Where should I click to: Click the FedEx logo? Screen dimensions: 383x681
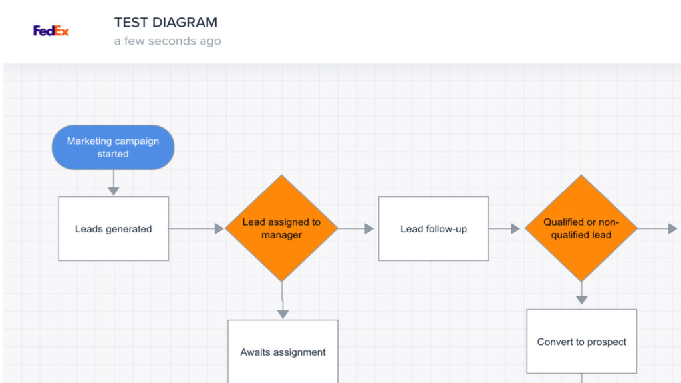pyautogui.click(x=51, y=31)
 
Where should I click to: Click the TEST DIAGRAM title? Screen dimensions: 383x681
pyautogui.click(x=166, y=22)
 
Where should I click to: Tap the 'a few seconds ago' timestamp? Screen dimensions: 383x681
pyautogui.click(x=167, y=41)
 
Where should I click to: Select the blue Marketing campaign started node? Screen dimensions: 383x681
pyautogui.click(x=113, y=147)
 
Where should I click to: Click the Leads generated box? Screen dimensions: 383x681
pyautogui.click(x=113, y=228)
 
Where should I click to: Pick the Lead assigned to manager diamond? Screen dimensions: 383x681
pyautogui.click(x=281, y=228)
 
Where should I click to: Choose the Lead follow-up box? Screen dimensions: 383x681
pyautogui.click(x=433, y=228)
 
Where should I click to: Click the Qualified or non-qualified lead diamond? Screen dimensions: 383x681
pyautogui.click(x=581, y=228)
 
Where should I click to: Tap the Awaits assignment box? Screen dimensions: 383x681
pyautogui.click(x=283, y=352)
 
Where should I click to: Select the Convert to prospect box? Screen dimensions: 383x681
pyautogui.click(x=581, y=341)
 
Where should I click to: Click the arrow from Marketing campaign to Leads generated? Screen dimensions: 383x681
pyautogui.click(x=113, y=183)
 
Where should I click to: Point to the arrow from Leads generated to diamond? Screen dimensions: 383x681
pyautogui.click(x=196, y=228)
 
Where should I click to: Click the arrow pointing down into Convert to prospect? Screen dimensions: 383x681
pyautogui.click(x=581, y=294)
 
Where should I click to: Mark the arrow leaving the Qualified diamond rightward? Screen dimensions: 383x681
pyautogui.click(x=658, y=228)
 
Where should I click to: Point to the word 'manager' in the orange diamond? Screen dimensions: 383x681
pyautogui.click(x=281, y=235)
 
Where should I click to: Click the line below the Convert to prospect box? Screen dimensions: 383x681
pyautogui.click(x=581, y=378)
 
